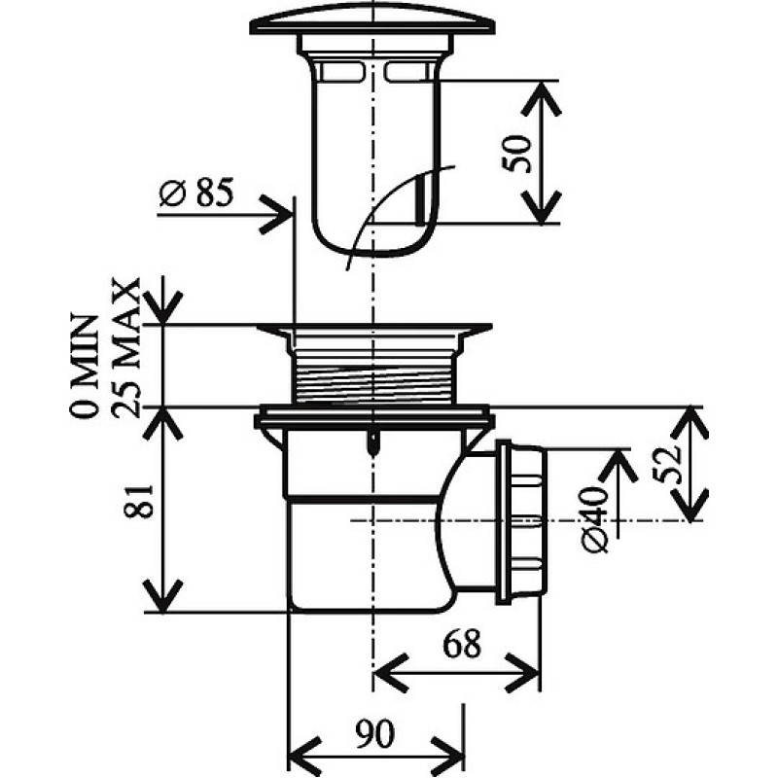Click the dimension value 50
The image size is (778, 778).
pyautogui.click(x=516, y=154)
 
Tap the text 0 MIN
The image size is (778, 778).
pyautogui.click(x=85, y=367)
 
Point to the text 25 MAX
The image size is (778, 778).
pyautogui.click(x=125, y=347)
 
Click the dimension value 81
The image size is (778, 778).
pyautogui.click(x=138, y=501)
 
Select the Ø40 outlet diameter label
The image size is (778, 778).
pyautogui.click(x=594, y=519)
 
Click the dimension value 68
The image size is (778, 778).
pyautogui.click(x=462, y=644)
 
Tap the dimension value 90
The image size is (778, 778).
pyautogui.click(x=375, y=734)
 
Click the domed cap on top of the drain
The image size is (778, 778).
pyautogui.click(x=372, y=19)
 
